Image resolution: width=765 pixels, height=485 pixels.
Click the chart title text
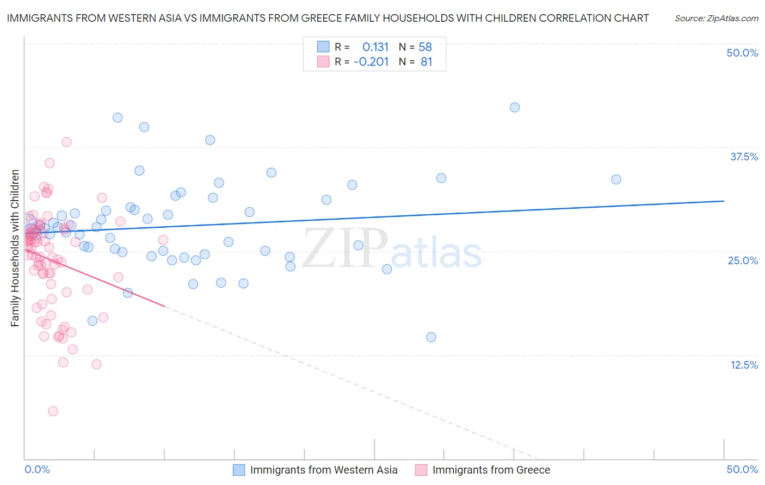328,18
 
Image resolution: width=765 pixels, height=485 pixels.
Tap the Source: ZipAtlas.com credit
716,18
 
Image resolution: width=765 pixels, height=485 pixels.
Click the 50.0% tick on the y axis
742,53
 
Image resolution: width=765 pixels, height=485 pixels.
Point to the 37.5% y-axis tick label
744,157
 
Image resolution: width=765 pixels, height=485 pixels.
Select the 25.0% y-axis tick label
743,260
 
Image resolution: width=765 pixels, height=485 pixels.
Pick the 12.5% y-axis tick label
744,365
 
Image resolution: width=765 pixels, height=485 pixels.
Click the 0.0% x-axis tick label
37,469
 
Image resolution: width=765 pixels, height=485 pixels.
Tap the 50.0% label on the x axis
742,469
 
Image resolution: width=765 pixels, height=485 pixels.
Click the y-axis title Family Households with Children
15,248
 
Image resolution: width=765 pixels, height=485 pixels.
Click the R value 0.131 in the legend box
375,47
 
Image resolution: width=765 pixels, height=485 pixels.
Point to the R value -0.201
371,62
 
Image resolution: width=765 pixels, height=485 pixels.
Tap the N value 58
425,47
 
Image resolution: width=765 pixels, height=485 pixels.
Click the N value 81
426,62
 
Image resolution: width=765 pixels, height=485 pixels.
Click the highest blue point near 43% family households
515,108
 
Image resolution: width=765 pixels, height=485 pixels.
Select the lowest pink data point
53,411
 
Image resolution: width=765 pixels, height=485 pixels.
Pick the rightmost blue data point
616,179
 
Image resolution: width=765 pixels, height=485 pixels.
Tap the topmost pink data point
66,142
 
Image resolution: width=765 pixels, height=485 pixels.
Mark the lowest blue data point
431,337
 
